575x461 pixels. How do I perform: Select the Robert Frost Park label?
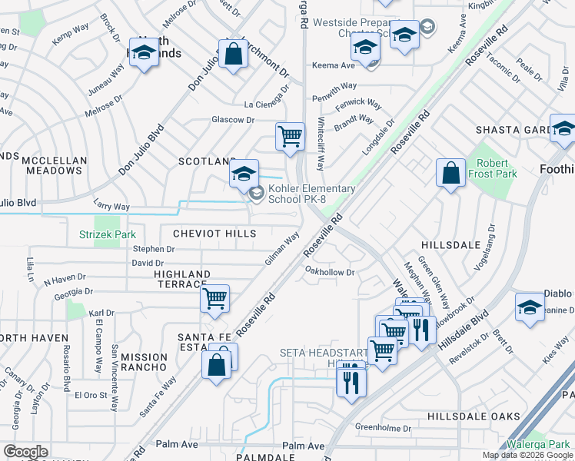pos(493,168)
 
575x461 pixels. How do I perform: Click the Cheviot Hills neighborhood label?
pos(214,233)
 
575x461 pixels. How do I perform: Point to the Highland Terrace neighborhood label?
pos(181,279)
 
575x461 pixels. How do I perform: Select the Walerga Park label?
pos(537,444)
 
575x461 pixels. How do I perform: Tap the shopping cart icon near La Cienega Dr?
pos(290,137)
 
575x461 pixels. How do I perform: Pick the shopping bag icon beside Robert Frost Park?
pos(450,172)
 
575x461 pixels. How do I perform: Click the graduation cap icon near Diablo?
pos(530,307)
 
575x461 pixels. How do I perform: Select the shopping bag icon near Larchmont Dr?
pos(233,54)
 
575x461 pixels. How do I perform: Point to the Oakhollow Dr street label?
pos(329,271)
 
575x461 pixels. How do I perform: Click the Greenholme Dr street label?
pos(384,426)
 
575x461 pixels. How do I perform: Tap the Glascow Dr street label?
pos(233,120)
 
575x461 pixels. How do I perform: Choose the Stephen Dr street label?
pos(154,249)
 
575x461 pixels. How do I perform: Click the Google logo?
pos(25,452)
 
